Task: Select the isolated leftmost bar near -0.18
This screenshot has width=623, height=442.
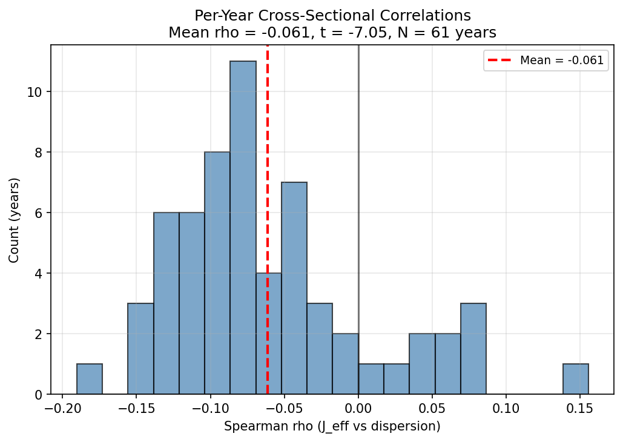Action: (x=90, y=379)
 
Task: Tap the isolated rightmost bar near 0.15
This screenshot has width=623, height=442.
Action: (x=575, y=379)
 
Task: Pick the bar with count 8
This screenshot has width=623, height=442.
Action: (x=217, y=273)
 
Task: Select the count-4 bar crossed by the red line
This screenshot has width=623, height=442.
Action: (x=260, y=334)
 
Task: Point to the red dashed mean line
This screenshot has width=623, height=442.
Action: (x=268, y=151)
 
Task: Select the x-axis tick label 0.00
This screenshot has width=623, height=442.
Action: (x=358, y=407)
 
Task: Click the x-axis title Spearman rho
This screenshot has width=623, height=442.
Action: (x=332, y=426)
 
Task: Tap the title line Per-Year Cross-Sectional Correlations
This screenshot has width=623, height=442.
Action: (x=332, y=15)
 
